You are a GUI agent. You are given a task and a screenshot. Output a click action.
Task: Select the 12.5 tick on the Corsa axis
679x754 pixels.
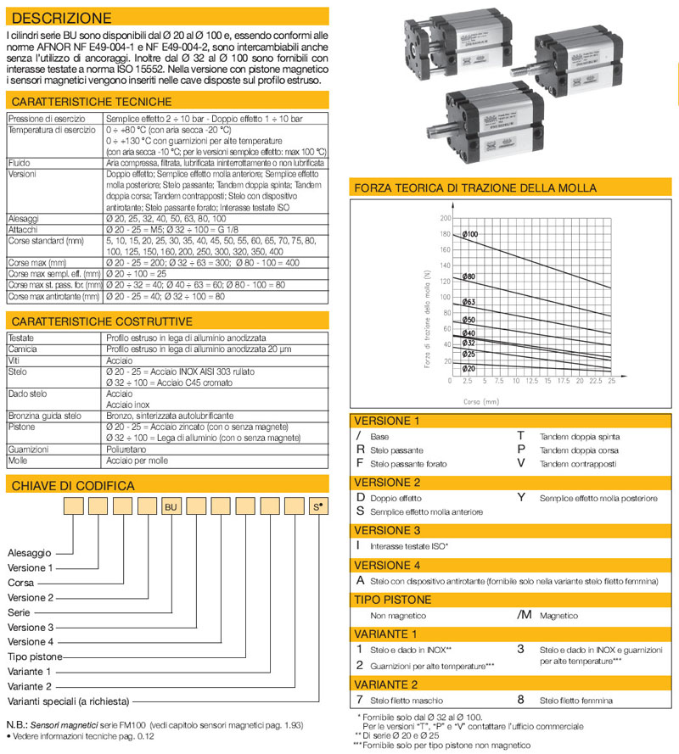coord(532,381)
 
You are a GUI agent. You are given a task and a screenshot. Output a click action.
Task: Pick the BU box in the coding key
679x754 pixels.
coord(171,506)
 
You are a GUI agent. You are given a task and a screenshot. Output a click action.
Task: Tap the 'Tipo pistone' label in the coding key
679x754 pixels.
coord(35,656)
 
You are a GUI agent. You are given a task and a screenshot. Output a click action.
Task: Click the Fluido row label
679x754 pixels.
coord(20,161)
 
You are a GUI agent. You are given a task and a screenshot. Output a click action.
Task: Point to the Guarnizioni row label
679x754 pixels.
coord(28,449)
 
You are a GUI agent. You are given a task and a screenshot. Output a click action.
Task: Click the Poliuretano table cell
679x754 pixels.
coord(125,449)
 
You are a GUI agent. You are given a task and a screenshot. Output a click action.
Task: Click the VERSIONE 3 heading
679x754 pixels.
coord(388,530)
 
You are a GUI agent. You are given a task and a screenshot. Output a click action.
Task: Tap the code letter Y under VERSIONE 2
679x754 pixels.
coord(521,496)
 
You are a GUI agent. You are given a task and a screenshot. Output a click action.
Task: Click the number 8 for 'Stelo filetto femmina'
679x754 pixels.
coord(521,700)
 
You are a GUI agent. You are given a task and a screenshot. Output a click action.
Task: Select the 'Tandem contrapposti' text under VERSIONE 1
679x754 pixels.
coord(578,464)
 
